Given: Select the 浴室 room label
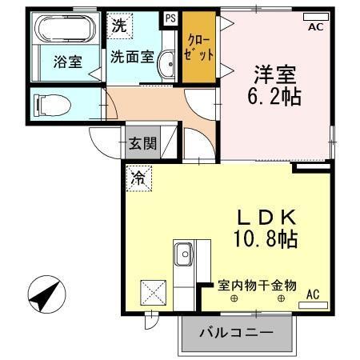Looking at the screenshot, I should coord(68,62).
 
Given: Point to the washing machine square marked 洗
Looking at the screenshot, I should coord(119,25).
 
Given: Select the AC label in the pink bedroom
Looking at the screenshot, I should coord(314,27).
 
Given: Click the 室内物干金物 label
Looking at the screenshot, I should coord(258,285).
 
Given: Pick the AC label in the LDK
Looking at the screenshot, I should coord(312,296).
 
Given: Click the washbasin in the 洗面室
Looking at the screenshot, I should coord(166,67).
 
